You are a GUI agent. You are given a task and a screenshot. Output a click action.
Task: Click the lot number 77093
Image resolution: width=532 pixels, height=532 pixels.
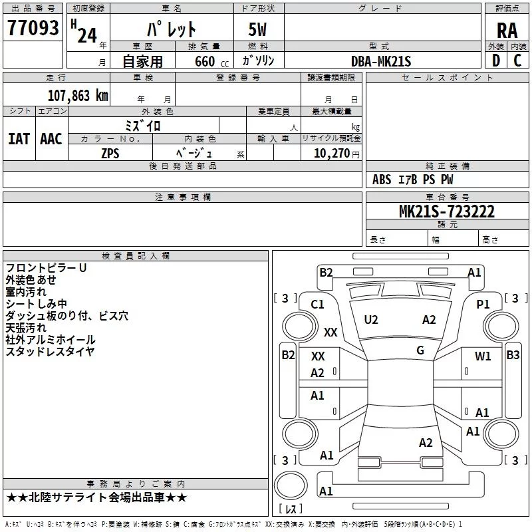[33, 28]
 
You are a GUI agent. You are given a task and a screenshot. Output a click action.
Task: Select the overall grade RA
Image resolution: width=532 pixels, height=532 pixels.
[507, 31]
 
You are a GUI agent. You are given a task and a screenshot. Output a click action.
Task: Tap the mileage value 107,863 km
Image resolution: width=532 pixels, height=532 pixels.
[78, 96]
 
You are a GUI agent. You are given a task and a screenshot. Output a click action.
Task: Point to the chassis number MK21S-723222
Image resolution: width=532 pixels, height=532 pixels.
[447, 211]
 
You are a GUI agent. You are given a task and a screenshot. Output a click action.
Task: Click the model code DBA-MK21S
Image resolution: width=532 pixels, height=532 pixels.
[381, 61]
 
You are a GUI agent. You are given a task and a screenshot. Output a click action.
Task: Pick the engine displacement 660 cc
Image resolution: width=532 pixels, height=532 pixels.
[211, 62]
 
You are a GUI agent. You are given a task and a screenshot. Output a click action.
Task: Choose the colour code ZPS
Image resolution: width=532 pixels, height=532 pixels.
[110, 154]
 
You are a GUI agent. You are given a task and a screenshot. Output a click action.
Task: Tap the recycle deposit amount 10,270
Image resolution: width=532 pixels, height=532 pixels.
[331, 154]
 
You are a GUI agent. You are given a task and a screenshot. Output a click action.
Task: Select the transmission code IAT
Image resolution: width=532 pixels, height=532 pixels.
[19, 139]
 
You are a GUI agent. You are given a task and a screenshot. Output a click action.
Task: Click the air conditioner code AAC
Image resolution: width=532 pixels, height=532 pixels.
[51, 139]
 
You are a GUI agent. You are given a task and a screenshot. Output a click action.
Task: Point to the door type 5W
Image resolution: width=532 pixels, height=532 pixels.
[257, 29]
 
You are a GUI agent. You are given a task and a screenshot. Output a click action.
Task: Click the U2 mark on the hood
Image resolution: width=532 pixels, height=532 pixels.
[371, 320]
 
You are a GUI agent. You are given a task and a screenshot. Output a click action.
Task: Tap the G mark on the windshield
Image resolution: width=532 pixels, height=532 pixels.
[420, 350]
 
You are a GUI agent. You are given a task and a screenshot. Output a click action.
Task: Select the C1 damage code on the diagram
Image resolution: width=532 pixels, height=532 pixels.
[318, 305]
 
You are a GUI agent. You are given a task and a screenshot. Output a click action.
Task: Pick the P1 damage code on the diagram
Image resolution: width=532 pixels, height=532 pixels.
[483, 305]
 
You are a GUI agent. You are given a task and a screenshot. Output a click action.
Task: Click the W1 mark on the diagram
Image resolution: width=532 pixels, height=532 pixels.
[483, 356]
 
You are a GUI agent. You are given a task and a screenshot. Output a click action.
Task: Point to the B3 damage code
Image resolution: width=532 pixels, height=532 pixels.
[513, 355]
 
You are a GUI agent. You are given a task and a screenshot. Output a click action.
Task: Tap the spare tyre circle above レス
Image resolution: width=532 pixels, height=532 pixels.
[291, 485]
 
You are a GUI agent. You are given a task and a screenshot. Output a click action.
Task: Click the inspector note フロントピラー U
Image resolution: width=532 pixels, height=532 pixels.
[46, 268]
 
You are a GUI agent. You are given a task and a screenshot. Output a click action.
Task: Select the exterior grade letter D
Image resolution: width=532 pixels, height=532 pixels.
[496, 61]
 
